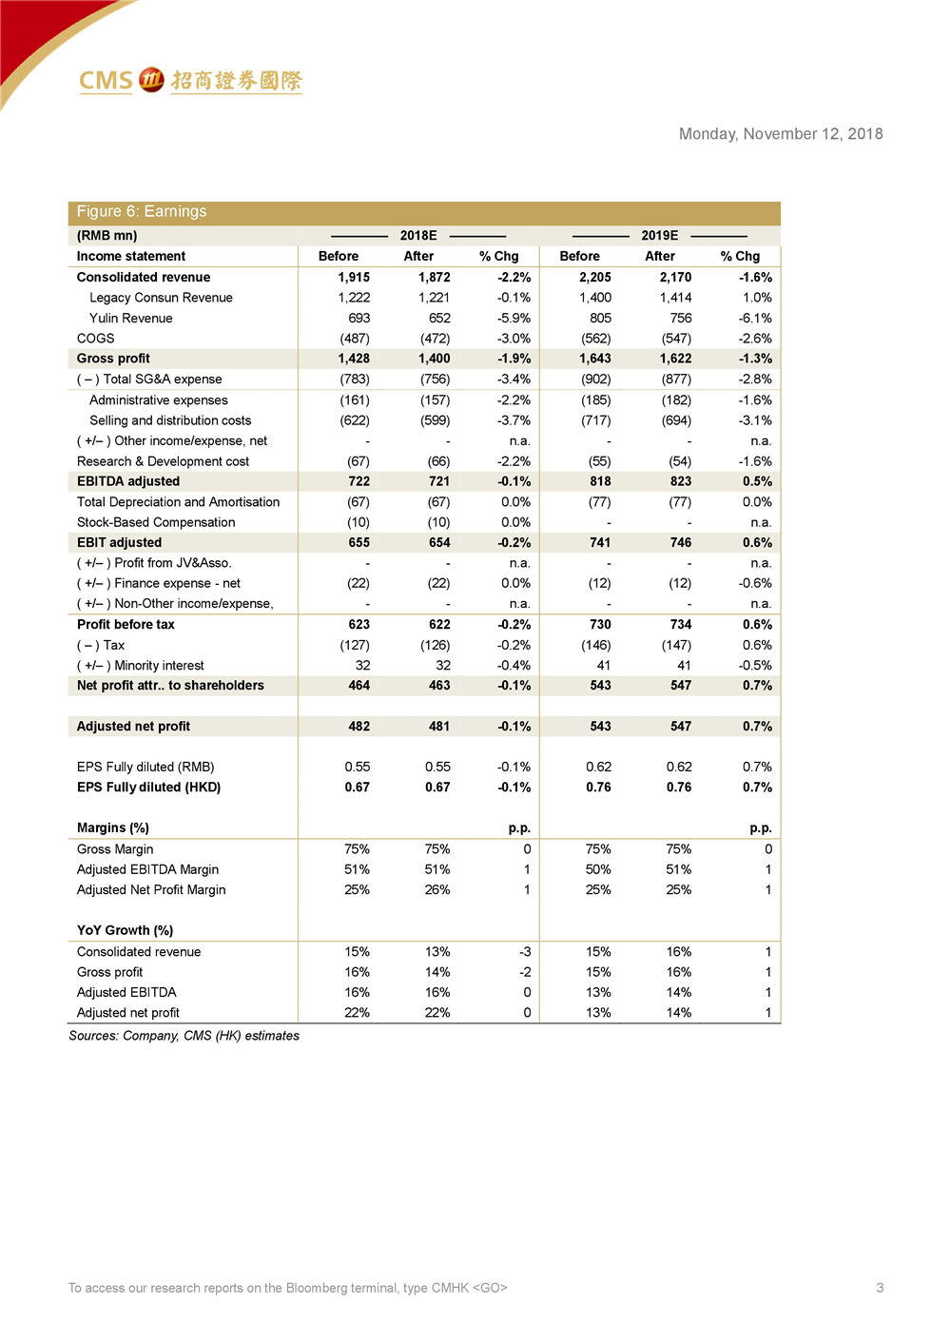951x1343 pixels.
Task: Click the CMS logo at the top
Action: pos(189,81)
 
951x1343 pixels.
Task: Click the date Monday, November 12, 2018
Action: pos(780,134)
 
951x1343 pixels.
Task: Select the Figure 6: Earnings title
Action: pos(142,212)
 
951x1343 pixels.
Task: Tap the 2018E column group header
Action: pos(417,236)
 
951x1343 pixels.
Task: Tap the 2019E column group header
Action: pos(659,236)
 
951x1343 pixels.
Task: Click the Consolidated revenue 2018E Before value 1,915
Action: pos(354,278)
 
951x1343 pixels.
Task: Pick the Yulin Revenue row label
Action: pos(130,319)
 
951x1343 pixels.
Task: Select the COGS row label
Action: pos(95,339)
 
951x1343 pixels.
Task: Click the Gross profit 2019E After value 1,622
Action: pos(675,359)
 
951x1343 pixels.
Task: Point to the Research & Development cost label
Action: pos(163,461)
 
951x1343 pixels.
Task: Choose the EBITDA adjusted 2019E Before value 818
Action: pos(600,481)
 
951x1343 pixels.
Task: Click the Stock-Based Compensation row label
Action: pos(156,522)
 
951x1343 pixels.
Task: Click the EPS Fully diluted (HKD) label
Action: pos(148,788)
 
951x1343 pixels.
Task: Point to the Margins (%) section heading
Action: pos(112,828)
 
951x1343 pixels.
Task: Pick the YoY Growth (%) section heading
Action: pos(125,930)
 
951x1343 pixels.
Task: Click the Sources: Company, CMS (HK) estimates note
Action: pos(184,1036)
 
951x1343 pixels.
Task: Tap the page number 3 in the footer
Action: pos(880,1288)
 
